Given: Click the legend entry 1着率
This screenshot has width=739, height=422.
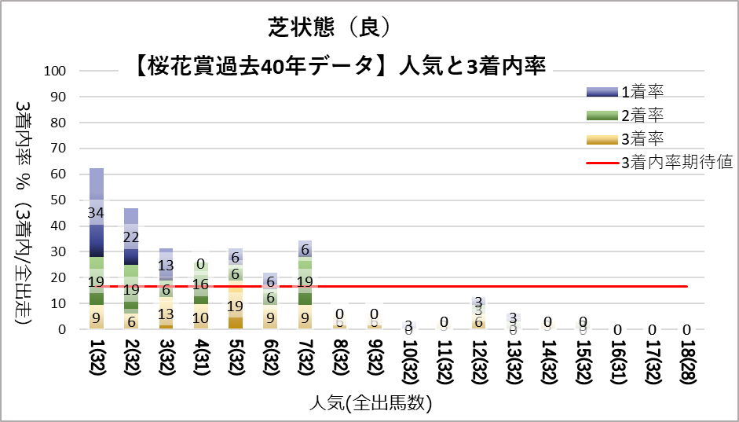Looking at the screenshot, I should [x=643, y=92].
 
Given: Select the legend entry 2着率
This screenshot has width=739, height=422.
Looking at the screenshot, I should [x=643, y=116].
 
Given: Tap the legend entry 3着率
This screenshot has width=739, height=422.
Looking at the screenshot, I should [x=643, y=139].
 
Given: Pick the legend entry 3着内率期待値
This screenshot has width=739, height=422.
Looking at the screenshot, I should [x=676, y=163].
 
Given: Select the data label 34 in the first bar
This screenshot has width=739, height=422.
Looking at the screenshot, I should [x=96, y=213].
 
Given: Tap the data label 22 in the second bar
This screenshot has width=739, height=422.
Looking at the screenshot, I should [x=131, y=237].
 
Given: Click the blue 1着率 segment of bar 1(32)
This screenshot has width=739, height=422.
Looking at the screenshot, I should [x=96, y=196].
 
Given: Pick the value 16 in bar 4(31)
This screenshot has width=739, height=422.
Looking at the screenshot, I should [x=200, y=284].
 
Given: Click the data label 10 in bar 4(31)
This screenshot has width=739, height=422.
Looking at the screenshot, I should [x=200, y=318].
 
